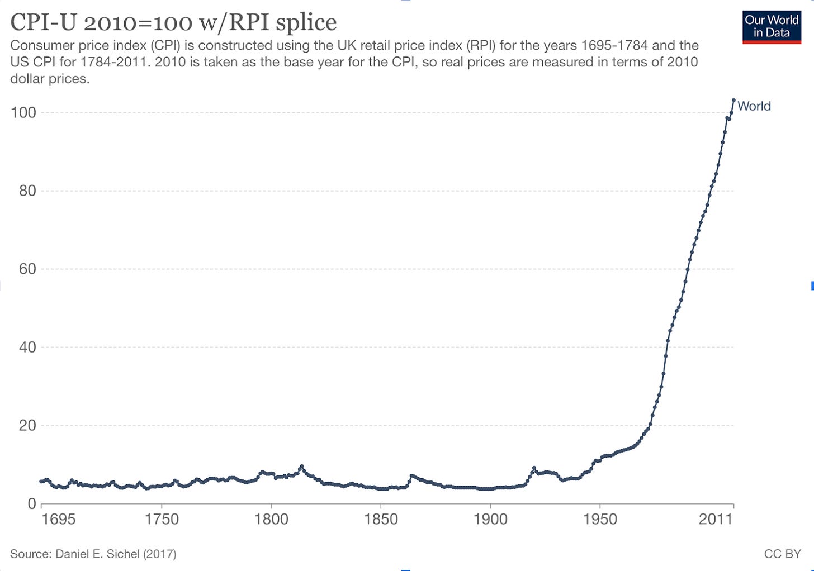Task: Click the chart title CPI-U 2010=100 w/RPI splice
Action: (173, 22)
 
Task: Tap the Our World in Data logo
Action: (772, 26)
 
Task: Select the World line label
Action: (754, 106)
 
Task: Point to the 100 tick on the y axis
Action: (23, 113)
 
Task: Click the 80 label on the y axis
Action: (23, 191)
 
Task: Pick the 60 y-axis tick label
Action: (23, 269)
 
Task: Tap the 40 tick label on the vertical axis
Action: (23, 348)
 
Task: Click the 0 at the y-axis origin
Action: (31, 504)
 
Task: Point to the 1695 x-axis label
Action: (59, 520)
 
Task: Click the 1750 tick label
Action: (162, 520)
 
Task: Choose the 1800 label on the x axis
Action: (271, 520)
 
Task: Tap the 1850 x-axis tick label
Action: (381, 520)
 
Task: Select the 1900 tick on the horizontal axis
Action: (490, 520)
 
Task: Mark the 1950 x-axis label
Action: (600, 520)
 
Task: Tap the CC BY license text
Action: (782, 554)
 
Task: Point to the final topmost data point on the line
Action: (733, 101)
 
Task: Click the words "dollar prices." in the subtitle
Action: (50, 79)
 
